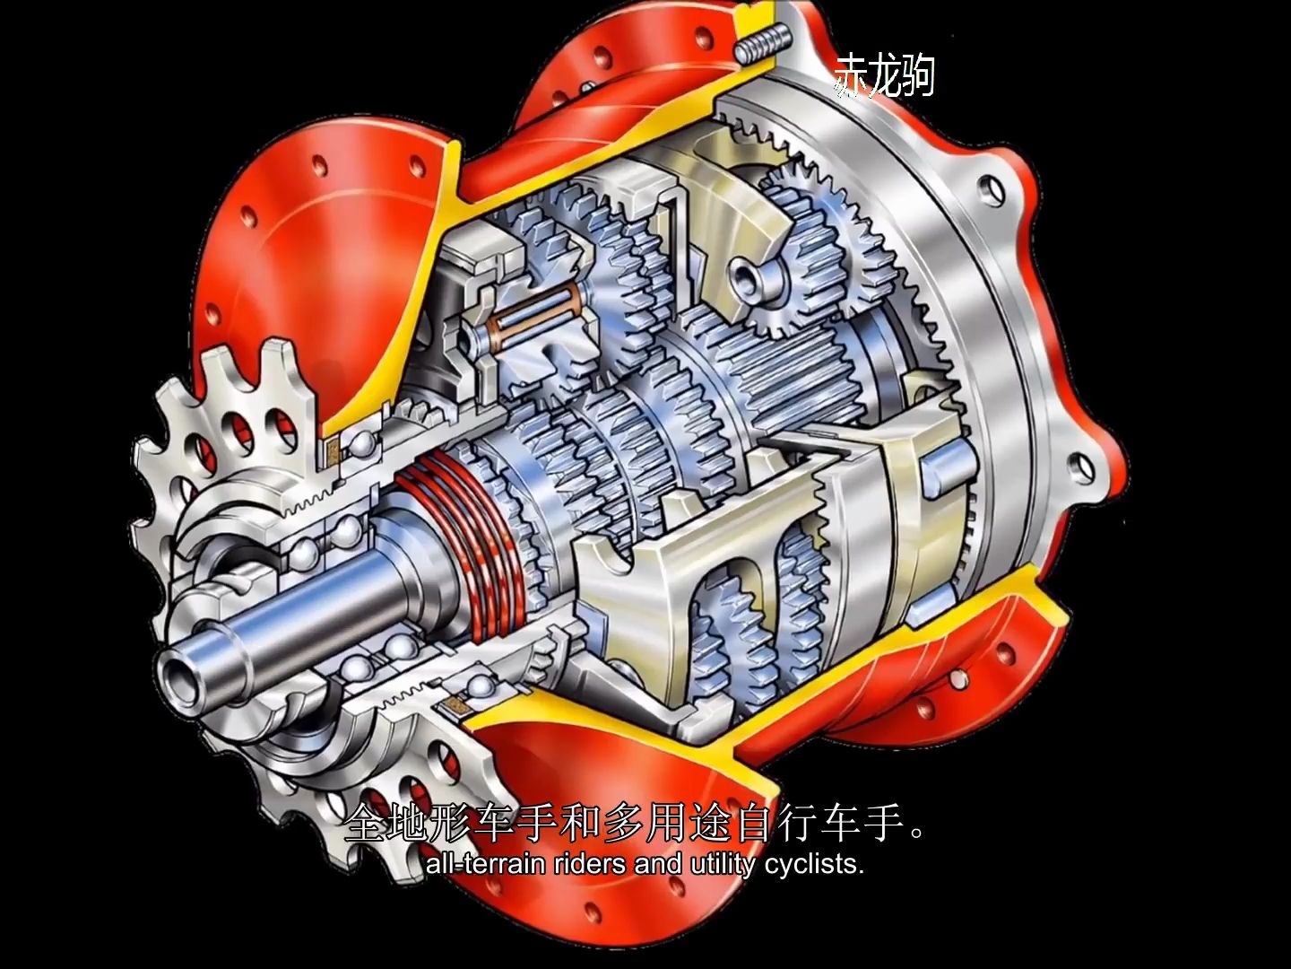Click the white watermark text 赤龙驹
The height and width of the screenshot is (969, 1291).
883,75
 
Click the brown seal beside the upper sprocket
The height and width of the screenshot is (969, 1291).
334,449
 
